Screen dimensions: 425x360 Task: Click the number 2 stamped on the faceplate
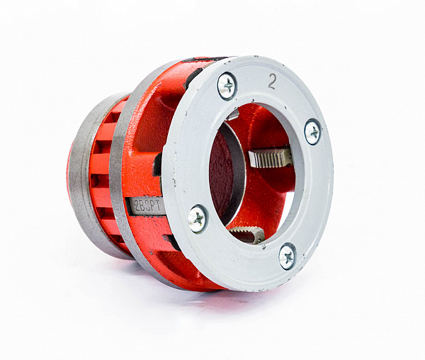271,81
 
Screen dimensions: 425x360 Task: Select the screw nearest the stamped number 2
227,86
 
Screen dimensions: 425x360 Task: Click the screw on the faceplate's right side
313,132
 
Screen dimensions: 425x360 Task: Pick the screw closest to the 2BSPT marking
198,218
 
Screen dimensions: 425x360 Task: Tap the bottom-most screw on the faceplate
288,256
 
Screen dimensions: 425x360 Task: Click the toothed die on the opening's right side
271,157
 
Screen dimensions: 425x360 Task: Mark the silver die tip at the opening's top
232,114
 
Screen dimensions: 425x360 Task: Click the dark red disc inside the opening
220,174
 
